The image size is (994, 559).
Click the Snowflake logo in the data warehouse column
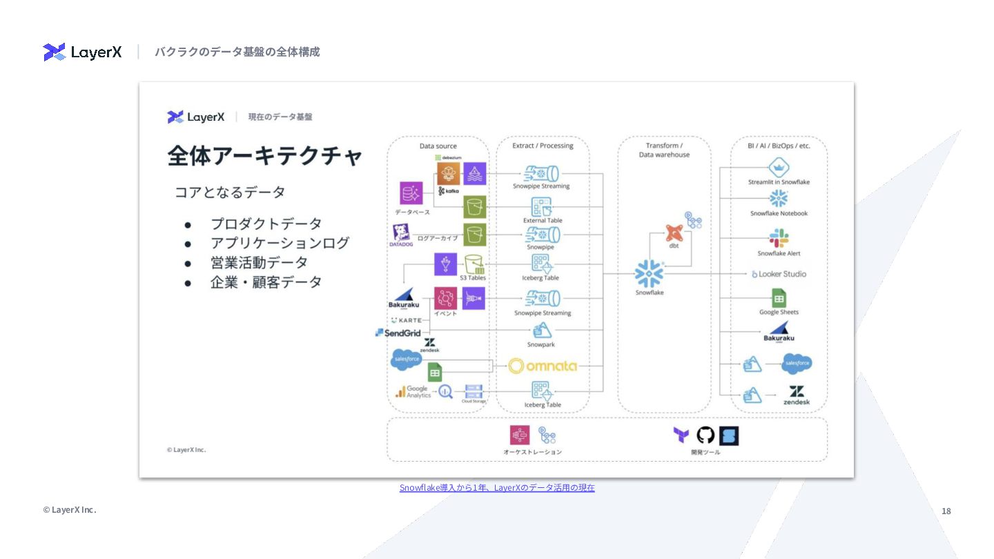pos(649,273)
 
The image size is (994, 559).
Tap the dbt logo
pos(674,233)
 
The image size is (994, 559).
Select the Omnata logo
pos(543,366)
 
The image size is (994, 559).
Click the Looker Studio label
pos(779,274)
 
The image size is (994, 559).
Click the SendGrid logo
pos(398,333)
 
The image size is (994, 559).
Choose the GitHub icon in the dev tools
pos(705,435)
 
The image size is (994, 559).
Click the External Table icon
pos(542,206)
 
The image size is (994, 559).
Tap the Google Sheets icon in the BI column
pos(779,297)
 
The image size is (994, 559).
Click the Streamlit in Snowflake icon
pos(779,168)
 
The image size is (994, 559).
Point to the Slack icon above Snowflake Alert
pos(779,238)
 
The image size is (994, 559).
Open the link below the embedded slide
pos(497,488)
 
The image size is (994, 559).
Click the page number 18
pos(946,511)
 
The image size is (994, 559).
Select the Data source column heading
pos(438,146)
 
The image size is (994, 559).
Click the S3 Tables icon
pos(474,264)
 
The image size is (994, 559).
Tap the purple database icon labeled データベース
pos(411,194)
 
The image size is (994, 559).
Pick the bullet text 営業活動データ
pos(259,263)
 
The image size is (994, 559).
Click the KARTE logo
pos(406,320)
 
